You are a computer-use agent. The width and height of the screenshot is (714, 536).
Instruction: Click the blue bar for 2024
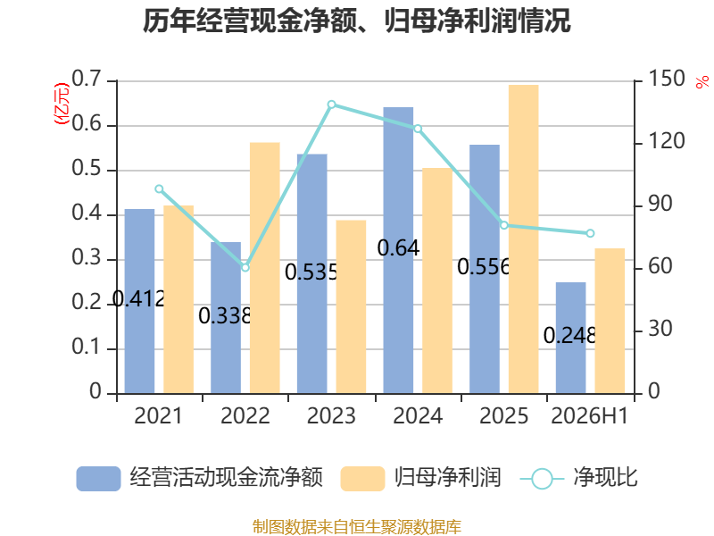[x=398, y=250]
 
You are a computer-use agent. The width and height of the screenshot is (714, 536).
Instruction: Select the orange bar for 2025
[x=524, y=239]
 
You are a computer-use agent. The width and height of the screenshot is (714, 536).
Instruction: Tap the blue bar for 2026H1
[x=570, y=339]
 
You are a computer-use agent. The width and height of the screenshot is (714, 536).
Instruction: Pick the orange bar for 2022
[x=264, y=268]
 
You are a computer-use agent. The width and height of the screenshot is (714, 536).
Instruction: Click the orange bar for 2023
[x=351, y=306]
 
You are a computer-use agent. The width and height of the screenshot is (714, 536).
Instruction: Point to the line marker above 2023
[x=331, y=105]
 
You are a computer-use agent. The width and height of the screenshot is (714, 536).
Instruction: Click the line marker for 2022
[x=245, y=267]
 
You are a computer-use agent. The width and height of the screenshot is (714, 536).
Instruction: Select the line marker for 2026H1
[x=590, y=233]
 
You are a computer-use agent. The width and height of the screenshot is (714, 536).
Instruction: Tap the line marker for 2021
[x=159, y=189]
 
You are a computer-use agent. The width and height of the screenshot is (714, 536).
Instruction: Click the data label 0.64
[x=398, y=248]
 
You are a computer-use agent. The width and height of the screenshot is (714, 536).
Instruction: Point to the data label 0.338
[x=225, y=316]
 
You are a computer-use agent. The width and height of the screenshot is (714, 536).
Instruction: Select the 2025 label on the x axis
[x=503, y=415]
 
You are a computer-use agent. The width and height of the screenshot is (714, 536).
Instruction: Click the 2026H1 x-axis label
[x=590, y=415]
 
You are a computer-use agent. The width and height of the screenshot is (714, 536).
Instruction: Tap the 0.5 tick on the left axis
[x=87, y=169]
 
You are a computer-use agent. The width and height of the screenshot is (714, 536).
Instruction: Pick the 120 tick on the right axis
[x=666, y=141]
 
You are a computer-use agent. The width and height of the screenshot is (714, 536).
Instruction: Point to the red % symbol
[x=702, y=82]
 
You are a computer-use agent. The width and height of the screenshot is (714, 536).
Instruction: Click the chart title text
[x=356, y=21]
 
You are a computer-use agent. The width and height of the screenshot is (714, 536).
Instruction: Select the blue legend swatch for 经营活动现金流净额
[x=98, y=479]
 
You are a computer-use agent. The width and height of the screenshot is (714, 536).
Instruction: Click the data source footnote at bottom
[x=357, y=527]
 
